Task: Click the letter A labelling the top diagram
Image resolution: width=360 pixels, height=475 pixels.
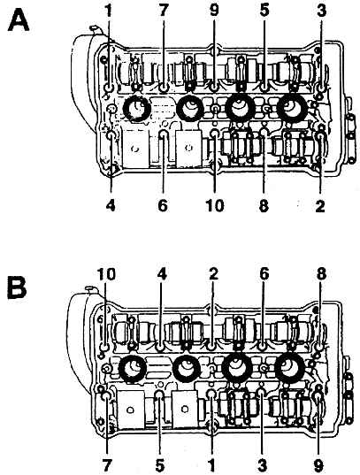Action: tap(19, 20)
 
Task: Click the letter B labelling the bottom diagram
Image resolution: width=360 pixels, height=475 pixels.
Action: tap(17, 286)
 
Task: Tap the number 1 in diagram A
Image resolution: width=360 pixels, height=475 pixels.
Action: tap(109, 11)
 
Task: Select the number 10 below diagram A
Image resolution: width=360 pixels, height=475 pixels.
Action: tap(215, 205)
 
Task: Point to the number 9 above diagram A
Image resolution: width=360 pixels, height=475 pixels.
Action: tap(214, 11)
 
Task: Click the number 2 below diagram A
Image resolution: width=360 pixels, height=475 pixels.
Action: tap(320, 205)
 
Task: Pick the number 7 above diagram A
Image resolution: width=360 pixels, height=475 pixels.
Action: tap(163, 11)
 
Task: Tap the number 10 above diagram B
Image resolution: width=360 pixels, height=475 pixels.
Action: tap(106, 274)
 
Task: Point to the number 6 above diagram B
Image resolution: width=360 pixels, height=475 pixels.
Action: tap(264, 274)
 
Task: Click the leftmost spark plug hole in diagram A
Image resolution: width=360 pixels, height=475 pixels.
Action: tap(136, 108)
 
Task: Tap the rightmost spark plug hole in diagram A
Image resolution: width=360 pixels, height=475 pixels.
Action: tap(292, 108)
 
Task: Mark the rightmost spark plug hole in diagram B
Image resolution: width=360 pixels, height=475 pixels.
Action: tap(290, 368)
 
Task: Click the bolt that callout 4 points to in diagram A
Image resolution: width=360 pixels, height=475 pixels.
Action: tap(111, 135)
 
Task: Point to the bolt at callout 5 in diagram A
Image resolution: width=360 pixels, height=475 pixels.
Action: tap(264, 88)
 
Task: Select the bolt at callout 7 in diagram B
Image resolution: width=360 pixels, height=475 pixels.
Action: tap(107, 396)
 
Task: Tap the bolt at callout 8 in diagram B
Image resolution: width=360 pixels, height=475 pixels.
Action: tap(319, 346)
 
